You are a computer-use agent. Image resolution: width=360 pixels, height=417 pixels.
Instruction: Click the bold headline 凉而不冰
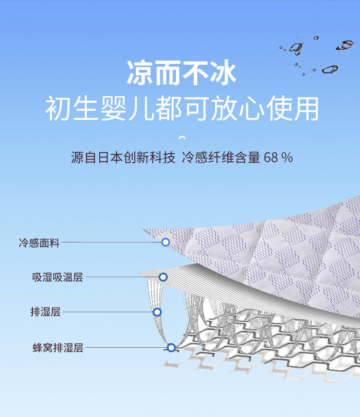click(181, 73)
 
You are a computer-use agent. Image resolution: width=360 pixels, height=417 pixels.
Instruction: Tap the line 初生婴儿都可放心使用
click(181, 109)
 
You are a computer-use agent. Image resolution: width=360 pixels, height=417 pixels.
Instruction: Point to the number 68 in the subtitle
click(270, 158)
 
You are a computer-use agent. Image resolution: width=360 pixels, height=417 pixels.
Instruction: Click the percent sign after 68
click(287, 158)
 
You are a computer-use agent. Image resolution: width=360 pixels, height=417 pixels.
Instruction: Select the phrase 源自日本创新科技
click(123, 158)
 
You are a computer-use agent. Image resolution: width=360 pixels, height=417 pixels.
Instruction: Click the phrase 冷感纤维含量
click(221, 158)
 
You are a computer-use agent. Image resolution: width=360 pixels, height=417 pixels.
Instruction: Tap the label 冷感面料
click(39, 243)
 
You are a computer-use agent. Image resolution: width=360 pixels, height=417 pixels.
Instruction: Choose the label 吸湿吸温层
click(57, 277)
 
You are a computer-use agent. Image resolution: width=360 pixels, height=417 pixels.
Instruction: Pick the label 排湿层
click(45, 312)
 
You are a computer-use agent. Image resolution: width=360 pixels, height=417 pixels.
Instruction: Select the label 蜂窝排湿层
click(58, 348)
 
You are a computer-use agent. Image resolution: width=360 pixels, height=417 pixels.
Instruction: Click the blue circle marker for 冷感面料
click(165, 242)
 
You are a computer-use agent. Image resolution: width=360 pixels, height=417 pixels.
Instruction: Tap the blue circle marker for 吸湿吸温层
click(163, 277)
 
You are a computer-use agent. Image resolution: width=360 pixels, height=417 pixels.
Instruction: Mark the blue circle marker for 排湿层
click(157, 312)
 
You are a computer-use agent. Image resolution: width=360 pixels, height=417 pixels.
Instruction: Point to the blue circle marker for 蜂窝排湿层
click(171, 348)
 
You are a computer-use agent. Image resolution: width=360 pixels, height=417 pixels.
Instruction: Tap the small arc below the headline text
click(182, 137)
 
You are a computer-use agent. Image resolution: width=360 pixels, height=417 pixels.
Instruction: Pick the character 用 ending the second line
click(305, 109)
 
